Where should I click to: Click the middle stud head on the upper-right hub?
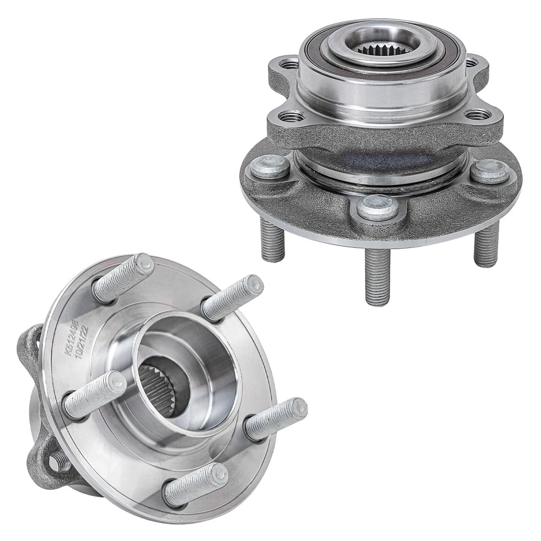[x=378, y=207]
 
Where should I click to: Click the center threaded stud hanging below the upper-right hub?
[x=377, y=276]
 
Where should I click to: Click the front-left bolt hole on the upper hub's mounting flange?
[x=291, y=117]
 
